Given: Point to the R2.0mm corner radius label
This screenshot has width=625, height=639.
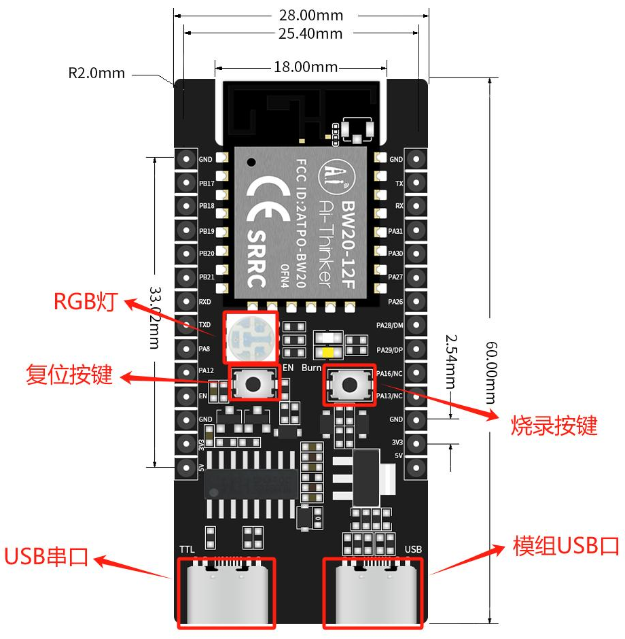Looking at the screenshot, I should (x=96, y=73).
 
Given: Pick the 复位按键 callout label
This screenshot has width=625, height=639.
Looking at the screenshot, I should (x=69, y=375).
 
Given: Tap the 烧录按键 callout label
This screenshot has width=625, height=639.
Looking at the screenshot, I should (x=554, y=426).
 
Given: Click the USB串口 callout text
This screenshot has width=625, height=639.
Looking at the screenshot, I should (x=46, y=557).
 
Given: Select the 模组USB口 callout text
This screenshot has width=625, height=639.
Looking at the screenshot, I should (x=566, y=545).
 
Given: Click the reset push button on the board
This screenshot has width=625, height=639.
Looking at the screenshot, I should (x=253, y=384).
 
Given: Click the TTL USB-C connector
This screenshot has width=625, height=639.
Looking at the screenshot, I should (x=226, y=593).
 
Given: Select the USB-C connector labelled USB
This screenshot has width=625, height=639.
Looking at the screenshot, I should (x=372, y=593).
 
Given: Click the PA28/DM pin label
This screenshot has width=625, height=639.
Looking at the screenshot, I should (x=390, y=326).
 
